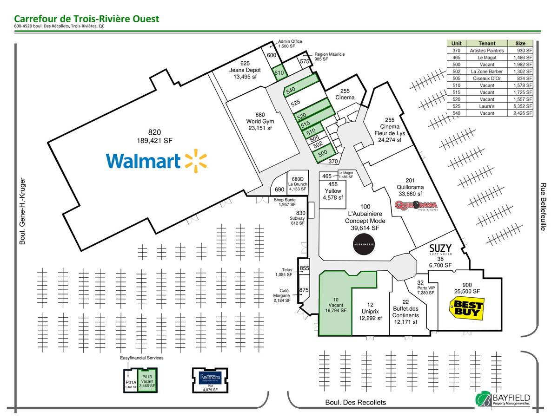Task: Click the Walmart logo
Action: point(157,161)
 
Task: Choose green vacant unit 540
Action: point(302,85)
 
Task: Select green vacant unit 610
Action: point(279,72)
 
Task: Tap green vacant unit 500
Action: point(323,153)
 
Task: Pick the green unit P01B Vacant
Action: point(147,380)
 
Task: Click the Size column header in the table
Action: point(520,43)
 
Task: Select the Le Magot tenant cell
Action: point(486,57)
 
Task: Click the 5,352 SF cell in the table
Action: point(520,106)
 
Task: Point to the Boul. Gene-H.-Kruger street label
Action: point(23,211)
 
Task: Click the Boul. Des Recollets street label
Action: point(356,403)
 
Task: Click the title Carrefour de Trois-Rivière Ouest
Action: point(86,19)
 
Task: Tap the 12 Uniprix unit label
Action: point(371,312)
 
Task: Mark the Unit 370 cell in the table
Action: point(456,50)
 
